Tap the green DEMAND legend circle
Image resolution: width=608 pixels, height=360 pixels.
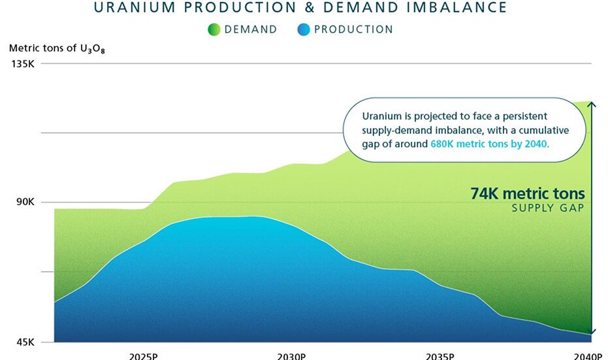[x=214, y=29]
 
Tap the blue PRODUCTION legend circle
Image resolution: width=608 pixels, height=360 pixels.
[x=303, y=29]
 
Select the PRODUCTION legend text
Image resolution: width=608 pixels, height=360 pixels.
[x=353, y=29]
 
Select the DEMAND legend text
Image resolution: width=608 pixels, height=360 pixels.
[x=251, y=29]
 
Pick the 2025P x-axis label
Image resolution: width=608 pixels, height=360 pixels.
[x=143, y=356]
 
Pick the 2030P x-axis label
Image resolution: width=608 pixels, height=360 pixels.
[x=291, y=356]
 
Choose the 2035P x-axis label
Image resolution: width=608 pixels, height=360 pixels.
[x=440, y=356]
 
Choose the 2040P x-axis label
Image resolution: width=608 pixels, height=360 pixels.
[x=588, y=356]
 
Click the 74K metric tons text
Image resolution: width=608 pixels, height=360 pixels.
[x=528, y=194]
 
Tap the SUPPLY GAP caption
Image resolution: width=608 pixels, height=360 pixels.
[x=547, y=208]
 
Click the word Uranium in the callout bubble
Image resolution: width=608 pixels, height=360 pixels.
[x=381, y=116]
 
